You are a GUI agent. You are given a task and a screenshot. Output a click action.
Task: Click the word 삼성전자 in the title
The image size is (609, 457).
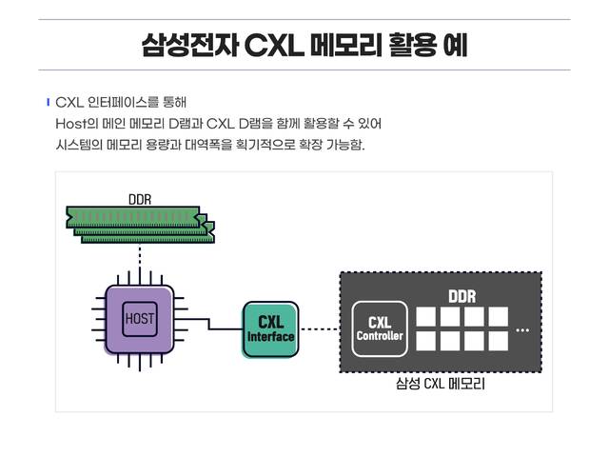pos(188,45)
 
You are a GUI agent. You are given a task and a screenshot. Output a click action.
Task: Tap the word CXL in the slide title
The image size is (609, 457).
pos(272,45)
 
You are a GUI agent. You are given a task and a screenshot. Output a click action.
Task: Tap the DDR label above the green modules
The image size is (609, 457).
pos(140,199)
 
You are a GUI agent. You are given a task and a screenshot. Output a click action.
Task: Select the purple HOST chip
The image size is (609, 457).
pos(140,318)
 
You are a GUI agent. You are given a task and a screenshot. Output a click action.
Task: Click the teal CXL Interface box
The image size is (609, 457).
pos(270,328)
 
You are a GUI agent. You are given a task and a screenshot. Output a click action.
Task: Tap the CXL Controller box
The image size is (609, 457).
pos(380,328)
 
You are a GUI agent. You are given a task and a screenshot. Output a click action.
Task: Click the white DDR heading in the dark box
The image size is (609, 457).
pos(462,296)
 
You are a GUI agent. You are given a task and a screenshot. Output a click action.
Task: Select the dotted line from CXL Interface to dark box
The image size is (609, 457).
pos(319,329)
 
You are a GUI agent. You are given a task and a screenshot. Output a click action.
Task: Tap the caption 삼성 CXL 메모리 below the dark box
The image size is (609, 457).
pos(441,385)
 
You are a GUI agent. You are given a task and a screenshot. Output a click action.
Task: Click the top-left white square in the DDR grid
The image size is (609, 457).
pos(425,317)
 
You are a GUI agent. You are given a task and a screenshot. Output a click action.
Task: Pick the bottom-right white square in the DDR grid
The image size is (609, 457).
pos(498,341)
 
